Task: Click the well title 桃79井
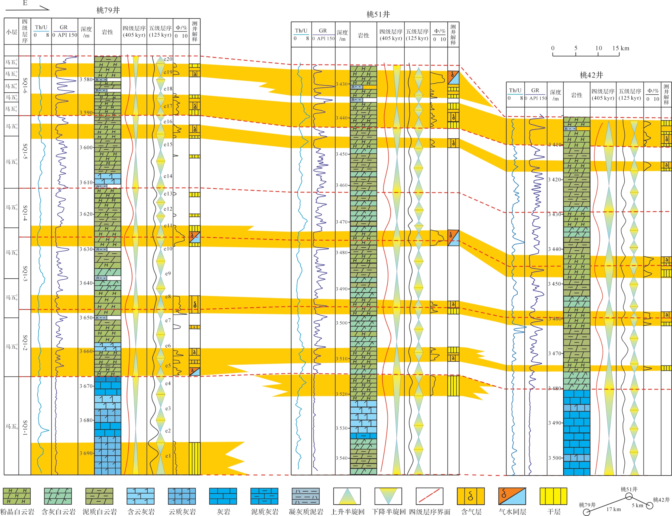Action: (108, 10)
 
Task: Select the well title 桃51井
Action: (378, 14)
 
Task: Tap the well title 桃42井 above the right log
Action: (591, 75)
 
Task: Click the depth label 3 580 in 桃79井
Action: (86, 80)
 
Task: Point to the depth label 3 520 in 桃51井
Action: (342, 394)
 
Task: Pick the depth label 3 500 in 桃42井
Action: (555, 458)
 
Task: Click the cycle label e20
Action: (168, 59)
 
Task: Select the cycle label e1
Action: (168, 456)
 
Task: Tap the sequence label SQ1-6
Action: (25, 86)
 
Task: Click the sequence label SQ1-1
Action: (25, 428)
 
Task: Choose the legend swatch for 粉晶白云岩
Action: (17, 496)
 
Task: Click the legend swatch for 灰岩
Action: (223, 496)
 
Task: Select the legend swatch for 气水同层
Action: (512, 496)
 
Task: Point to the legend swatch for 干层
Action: (553, 496)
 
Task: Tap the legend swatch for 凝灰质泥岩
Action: (306, 496)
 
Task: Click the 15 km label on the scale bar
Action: (621, 48)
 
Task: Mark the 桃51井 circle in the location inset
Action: (629, 496)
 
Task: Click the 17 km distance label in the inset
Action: (613, 509)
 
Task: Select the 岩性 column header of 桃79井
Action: (108, 32)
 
